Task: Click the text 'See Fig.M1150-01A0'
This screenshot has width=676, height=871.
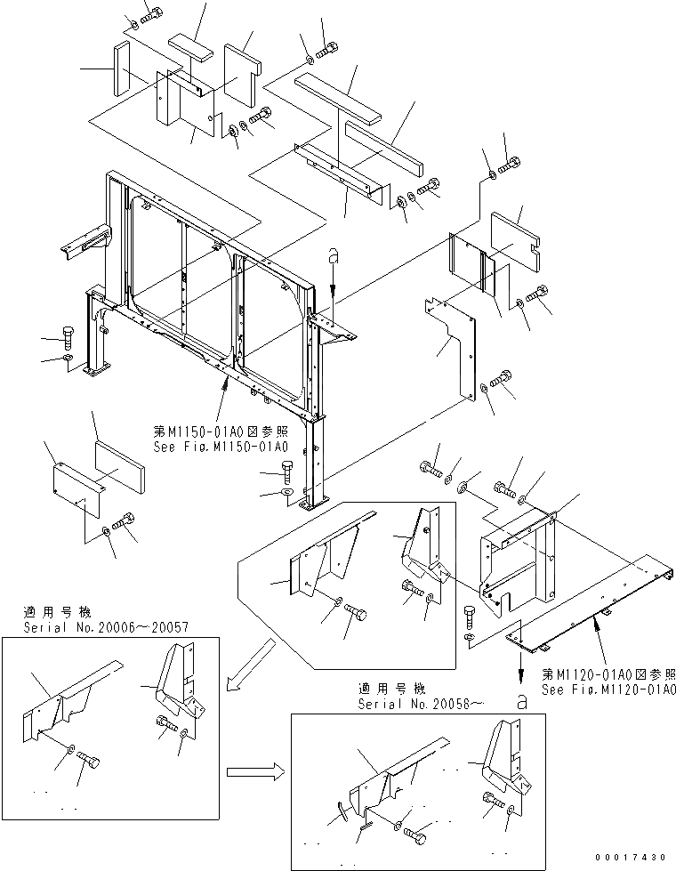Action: tap(220, 445)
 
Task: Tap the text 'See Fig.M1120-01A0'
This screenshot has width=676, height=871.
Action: tap(608, 690)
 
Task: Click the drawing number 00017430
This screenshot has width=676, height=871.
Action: tap(632, 857)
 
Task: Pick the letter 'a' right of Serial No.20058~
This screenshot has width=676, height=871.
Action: tap(519, 701)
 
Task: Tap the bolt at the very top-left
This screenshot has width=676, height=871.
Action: tap(151, 13)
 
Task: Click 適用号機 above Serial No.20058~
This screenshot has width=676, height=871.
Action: tap(392, 689)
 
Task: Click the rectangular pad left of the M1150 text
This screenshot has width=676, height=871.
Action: tap(118, 461)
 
